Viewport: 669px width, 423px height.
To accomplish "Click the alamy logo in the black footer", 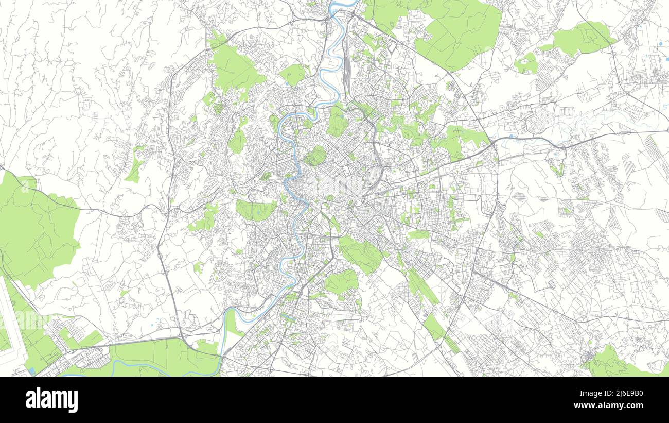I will click(51, 400).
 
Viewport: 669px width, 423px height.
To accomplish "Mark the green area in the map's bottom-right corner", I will click(610, 363).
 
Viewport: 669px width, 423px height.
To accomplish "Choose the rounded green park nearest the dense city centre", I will click(316, 156).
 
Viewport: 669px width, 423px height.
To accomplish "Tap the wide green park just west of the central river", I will click(256, 210).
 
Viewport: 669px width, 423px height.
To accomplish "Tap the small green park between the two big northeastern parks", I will click(526, 64).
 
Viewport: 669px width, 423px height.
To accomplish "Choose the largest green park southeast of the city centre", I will click(360, 253).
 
